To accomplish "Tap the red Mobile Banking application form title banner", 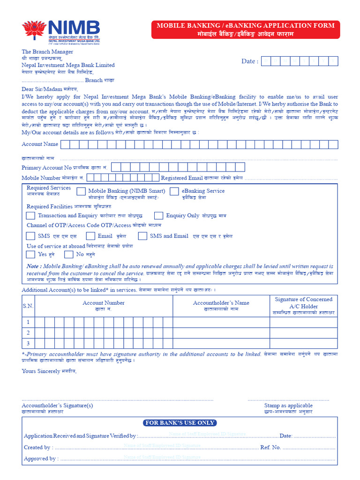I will pos(245,30).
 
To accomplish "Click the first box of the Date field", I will pos(267,61).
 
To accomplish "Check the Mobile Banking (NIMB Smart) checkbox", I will pos(81,191).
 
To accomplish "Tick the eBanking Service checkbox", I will pos(174,191).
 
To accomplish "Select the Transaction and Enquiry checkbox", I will pos(30,216).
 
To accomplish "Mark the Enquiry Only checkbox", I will pos(159,216).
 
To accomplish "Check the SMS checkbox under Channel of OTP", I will pos(30,236).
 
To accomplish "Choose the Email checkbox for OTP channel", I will pos(90,236).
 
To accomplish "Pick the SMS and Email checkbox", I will pos(142,236).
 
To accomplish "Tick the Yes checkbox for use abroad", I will pos(30,255).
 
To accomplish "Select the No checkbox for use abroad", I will pos(69,255).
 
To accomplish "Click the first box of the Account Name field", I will pos(66,144).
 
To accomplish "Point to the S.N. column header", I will pos(28,306).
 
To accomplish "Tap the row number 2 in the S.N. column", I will pos(28,333).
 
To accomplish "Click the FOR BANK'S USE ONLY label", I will pos(180,423).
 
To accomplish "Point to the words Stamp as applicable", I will pos(288,405).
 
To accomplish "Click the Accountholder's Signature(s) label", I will pos(57,405).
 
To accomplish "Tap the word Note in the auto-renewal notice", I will pos(34,266).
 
